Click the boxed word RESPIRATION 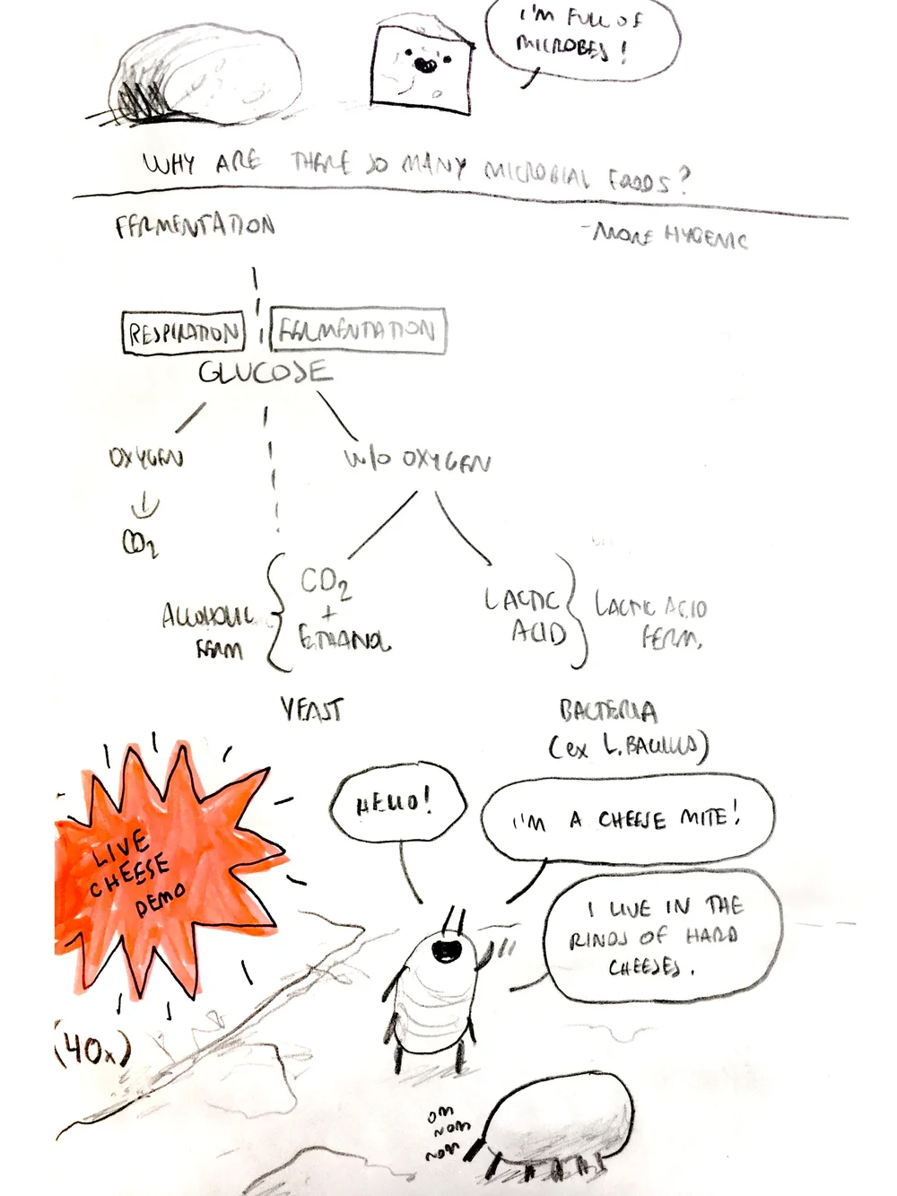click(x=184, y=333)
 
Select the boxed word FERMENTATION click(x=357, y=330)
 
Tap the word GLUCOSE click(x=265, y=371)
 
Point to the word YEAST click(x=311, y=711)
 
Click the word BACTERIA click(x=608, y=711)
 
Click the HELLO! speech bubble click(x=397, y=804)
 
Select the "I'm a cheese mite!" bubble click(x=627, y=819)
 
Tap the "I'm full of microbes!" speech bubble click(x=582, y=40)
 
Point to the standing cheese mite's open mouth click(x=446, y=949)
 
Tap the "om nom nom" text click(x=444, y=1132)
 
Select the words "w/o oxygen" click(x=417, y=460)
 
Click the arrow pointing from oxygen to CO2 click(x=144, y=509)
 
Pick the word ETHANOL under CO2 click(x=344, y=640)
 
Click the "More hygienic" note click(x=669, y=236)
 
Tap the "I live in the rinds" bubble click(x=662, y=936)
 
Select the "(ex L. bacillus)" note click(x=628, y=746)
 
